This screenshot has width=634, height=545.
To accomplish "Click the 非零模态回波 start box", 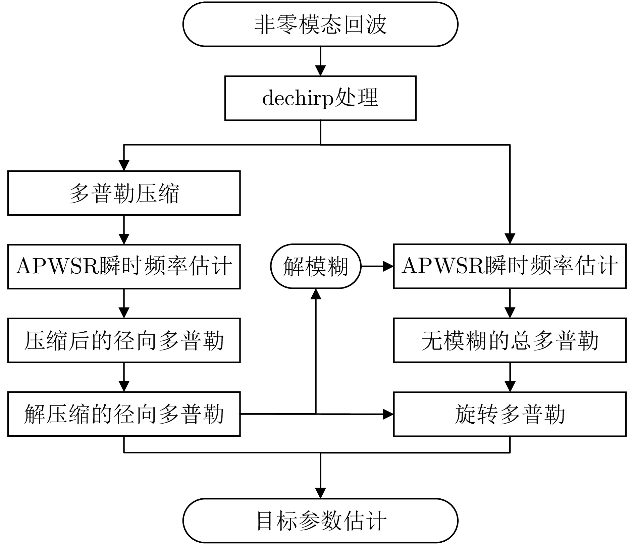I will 320,24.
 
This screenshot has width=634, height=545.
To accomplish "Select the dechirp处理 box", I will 320,98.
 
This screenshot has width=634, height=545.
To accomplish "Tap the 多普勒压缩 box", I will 124,193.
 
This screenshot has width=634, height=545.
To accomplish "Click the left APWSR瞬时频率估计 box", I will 124,267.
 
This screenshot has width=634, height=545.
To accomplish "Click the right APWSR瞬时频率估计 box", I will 510,266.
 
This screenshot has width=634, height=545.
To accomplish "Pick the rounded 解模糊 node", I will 316,266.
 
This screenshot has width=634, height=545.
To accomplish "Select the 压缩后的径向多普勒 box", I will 124,340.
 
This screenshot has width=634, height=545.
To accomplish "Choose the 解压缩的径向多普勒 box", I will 124,414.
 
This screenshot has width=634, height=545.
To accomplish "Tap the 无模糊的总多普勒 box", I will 510,340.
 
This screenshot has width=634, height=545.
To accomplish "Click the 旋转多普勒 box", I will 510,414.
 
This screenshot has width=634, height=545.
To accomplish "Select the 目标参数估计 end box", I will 320,521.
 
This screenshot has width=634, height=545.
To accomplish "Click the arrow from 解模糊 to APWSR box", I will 377,267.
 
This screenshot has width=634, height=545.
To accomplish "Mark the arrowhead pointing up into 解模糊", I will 316,294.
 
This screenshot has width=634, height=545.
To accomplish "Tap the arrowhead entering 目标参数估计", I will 321,493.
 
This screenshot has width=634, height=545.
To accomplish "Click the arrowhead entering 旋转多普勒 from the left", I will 388,414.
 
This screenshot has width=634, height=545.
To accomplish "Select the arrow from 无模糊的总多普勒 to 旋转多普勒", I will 510,377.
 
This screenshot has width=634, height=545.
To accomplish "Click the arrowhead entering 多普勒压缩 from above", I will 124,165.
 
